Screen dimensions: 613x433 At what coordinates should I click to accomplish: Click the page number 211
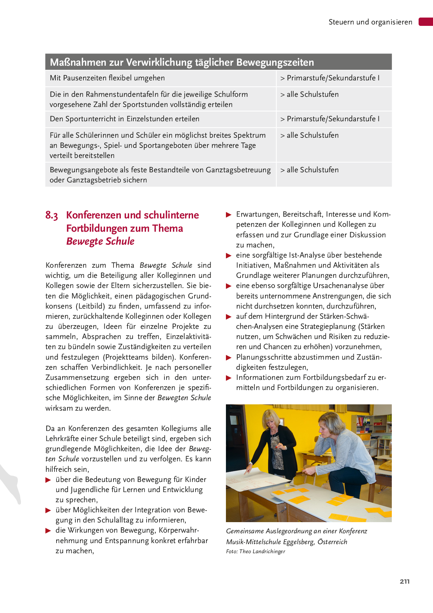pyautogui.click(x=404, y=582)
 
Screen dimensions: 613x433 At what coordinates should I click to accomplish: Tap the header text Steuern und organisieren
pyautogui.click(x=370, y=22)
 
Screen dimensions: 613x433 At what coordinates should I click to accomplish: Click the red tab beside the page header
pyautogui.click(x=426, y=22)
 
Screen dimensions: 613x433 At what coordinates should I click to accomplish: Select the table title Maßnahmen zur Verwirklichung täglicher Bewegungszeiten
pyautogui.click(x=182, y=62)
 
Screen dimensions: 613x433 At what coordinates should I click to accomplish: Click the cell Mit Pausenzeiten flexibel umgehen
pyautogui.click(x=107, y=78)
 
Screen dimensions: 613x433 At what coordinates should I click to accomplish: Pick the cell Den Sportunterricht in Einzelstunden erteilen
pyautogui.click(x=124, y=119)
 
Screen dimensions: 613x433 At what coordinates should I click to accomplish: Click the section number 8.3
pyautogui.click(x=52, y=215)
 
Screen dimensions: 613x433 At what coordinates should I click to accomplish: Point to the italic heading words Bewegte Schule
pyautogui.click(x=100, y=241)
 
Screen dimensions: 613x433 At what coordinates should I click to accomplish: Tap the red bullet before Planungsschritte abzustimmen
pyautogui.click(x=229, y=358)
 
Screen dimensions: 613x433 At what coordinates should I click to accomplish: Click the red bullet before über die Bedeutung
pyautogui.click(x=48, y=480)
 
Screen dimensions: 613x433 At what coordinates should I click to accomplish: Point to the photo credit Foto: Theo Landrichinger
pyautogui.click(x=256, y=551)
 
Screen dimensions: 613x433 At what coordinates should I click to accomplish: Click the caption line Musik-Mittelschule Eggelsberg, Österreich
pyautogui.click(x=286, y=542)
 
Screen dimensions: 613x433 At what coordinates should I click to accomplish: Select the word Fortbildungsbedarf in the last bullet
pyautogui.click(x=335, y=377)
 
